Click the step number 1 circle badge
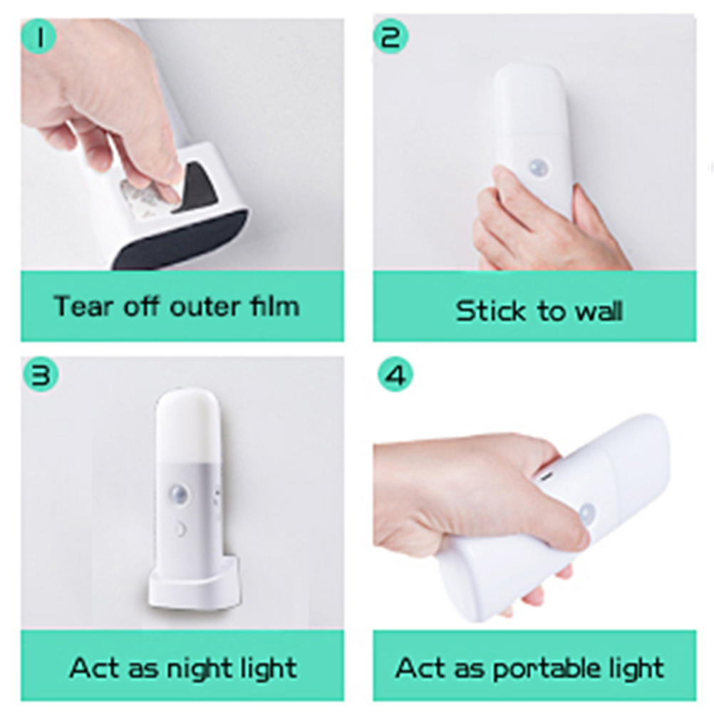(x=38, y=36)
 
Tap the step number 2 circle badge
(x=390, y=36)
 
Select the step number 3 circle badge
(x=41, y=376)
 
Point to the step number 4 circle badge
(x=395, y=376)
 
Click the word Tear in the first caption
(x=83, y=306)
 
